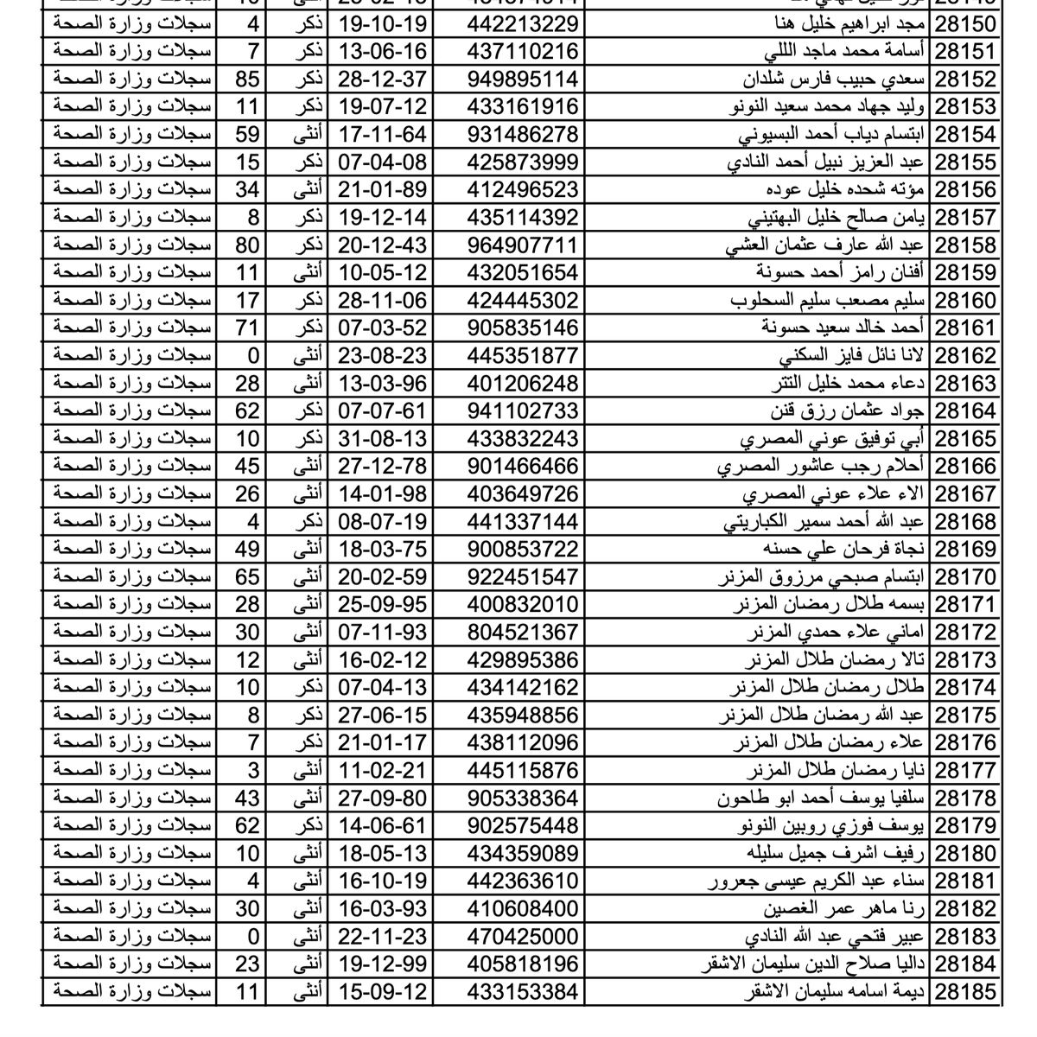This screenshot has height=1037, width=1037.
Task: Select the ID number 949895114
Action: point(522,79)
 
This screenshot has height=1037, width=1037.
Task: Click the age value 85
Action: point(247,79)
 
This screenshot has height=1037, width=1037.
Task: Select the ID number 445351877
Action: point(522,355)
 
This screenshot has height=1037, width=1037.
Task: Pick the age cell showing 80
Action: point(247,245)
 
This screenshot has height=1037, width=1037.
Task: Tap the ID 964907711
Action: point(522,245)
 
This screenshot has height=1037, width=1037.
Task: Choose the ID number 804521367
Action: point(522,632)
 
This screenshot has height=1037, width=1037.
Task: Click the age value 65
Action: point(247,576)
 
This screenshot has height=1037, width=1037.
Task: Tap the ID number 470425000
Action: point(522,936)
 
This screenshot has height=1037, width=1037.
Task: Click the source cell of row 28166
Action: point(131,466)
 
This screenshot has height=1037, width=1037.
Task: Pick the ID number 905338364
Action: point(522,798)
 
